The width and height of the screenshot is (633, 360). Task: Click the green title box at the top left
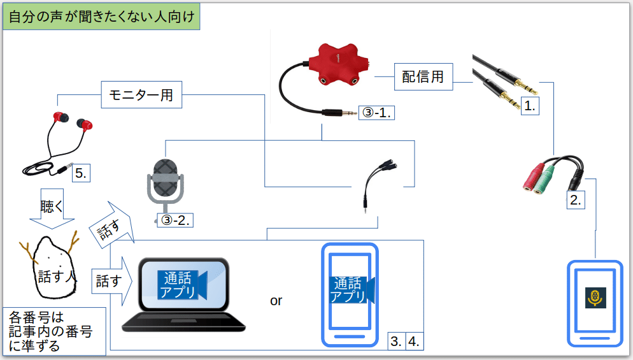(x=102, y=16)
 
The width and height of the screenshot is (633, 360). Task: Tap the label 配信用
(x=423, y=77)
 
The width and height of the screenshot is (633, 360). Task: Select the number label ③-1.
(x=376, y=112)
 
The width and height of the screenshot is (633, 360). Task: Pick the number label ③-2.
(x=174, y=220)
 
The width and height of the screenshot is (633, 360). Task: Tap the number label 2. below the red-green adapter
(x=575, y=199)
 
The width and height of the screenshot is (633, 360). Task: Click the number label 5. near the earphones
(x=80, y=173)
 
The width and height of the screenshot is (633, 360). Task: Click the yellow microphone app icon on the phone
(x=595, y=297)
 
